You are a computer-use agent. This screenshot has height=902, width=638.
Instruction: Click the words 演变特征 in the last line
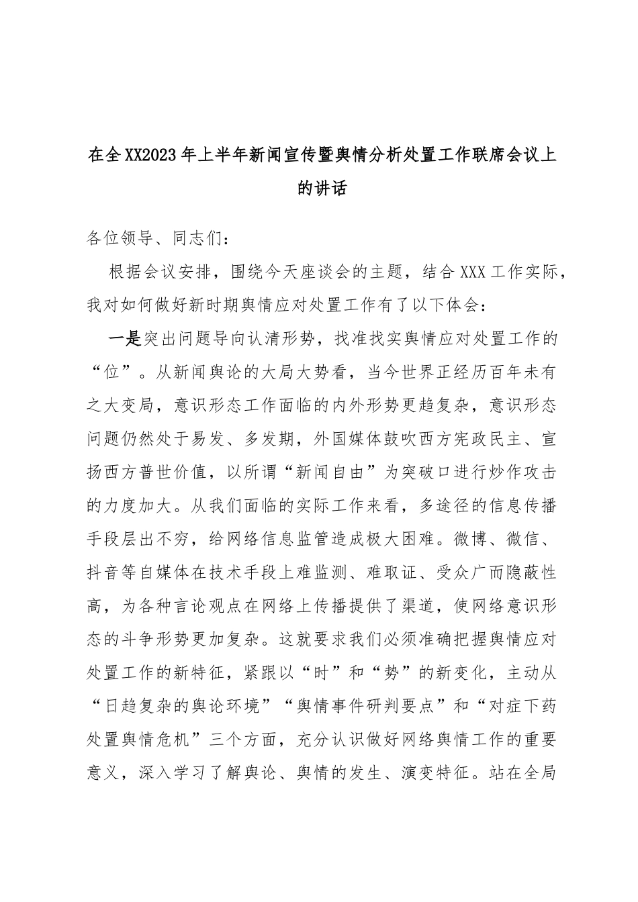(x=463, y=774)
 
